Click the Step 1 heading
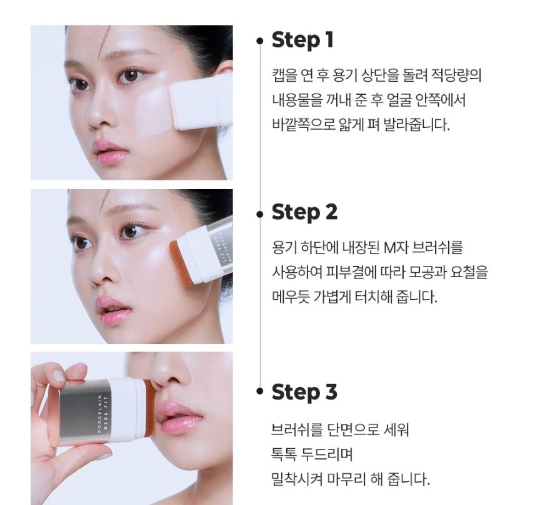(x=302, y=41)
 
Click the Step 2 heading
(x=304, y=212)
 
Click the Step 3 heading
(x=304, y=392)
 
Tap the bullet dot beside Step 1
(x=260, y=41)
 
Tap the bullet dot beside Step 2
(x=260, y=213)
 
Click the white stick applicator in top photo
(x=199, y=100)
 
